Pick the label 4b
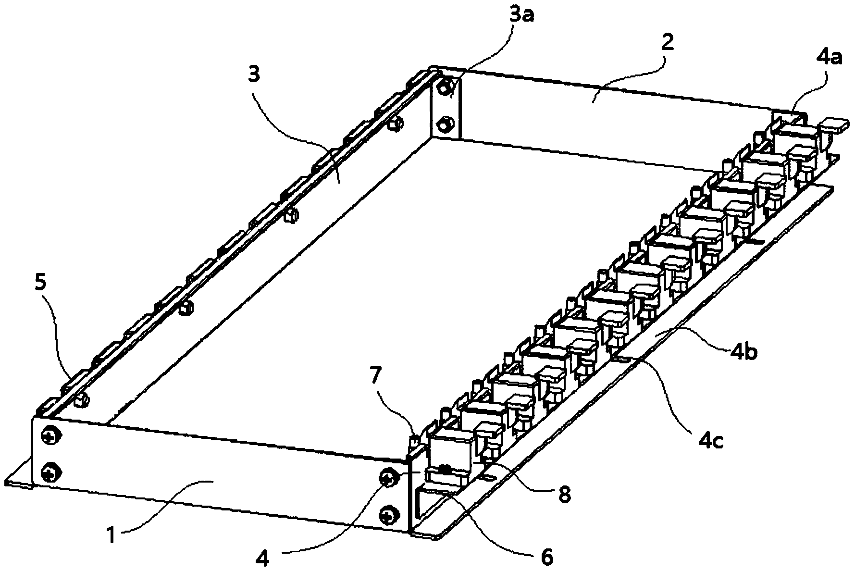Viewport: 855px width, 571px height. [743, 352]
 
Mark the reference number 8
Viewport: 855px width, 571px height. [564, 495]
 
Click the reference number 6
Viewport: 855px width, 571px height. [547, 557]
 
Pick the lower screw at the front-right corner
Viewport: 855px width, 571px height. [387, 516]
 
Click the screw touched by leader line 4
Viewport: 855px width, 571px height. [387, 478]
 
